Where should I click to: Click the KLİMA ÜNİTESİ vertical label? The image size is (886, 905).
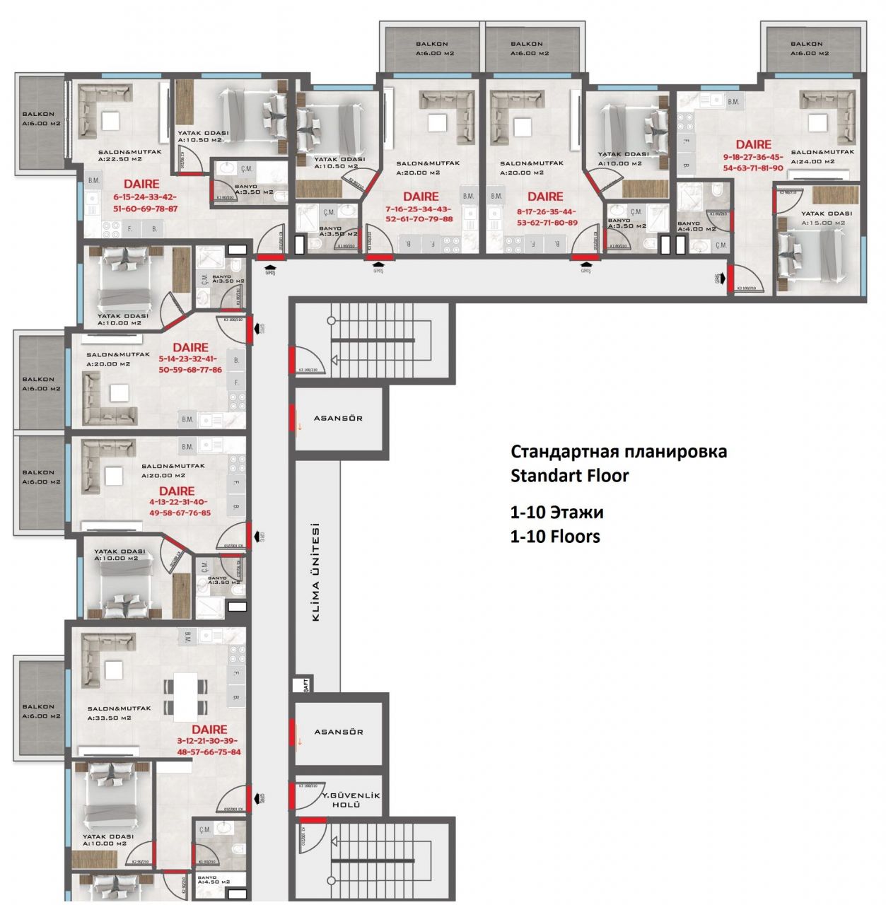(x=315, y=573)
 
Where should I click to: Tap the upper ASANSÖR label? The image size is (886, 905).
(x=338, y=418)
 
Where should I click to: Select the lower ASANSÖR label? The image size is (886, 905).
(x=338, y=732)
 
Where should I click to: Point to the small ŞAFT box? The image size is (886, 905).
(x=305, y=684)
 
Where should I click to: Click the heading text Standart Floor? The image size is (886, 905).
(x=569, y=475)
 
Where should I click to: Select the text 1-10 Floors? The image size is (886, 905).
(x=555, y=536)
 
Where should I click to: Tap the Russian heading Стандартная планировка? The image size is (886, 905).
(x=618, y=451)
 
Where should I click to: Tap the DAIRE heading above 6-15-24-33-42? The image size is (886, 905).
(x=141, y=184)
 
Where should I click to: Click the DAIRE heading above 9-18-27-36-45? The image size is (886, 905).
(x=753, y=144)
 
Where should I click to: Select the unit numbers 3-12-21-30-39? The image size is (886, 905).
(x=208, y=740)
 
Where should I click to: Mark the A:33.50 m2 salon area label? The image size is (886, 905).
(x=109, y=718)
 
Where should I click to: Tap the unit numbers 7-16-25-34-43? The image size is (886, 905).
(x=419, y=209)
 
